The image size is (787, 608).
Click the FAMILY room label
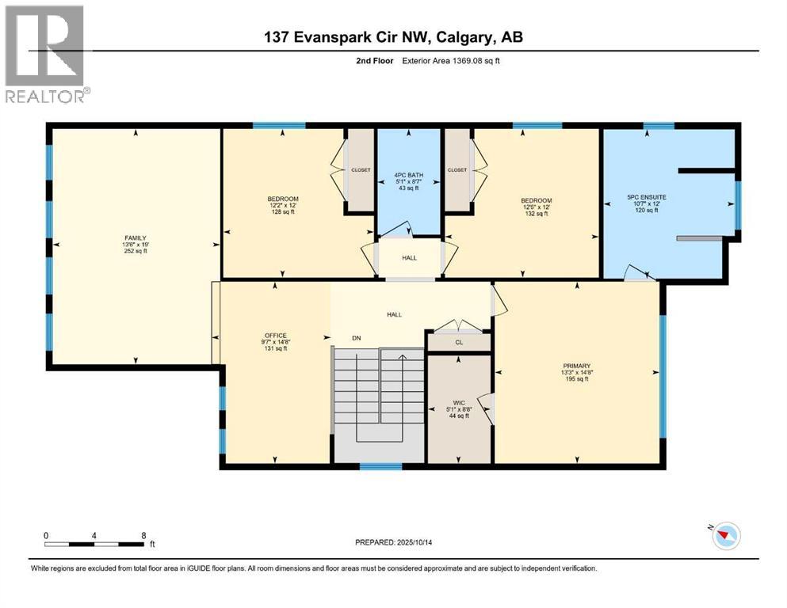tap(134, 238)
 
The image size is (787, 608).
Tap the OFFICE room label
tap(275, 335)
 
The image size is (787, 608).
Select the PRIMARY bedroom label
tap(577, 366)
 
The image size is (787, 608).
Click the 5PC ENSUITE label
tap(641, 198)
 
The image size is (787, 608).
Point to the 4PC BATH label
tap(408, 177)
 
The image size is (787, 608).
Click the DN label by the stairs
tap(357, 338)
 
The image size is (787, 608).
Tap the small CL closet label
tap(459, 343)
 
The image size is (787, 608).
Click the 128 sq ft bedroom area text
tap(282, 212)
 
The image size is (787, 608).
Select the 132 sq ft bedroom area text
tap(537, 214)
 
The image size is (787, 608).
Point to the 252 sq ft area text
tap(134, 251)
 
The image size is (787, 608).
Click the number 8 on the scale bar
tap(143, 535)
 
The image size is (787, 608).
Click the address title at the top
tap(393, 36)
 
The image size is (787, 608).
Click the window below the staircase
tap(380, 466)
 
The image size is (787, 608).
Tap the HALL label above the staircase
tap(394, 314)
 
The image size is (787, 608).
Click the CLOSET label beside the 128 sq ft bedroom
tap(361, 169)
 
